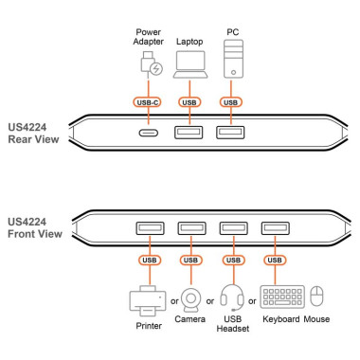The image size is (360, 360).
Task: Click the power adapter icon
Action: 150,65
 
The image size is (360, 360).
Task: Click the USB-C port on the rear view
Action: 150,133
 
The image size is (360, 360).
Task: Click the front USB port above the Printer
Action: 148,227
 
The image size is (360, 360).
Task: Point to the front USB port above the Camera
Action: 190,227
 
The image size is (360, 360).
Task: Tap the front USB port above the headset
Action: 232,227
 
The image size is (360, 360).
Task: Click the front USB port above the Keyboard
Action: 275,227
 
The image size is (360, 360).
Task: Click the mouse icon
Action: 317,297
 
